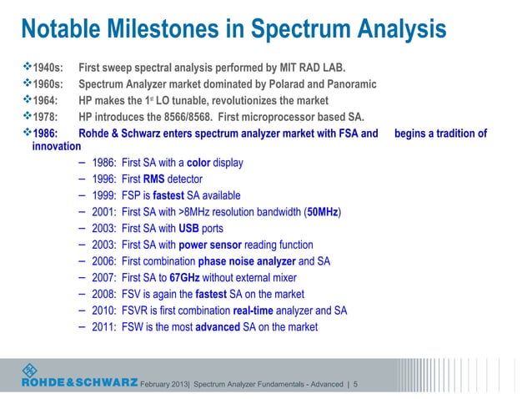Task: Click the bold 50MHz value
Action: coord(323,212)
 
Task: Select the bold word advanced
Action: coord(218,326)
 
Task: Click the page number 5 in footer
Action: coord(357,384)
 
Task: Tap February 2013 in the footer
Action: coord(165,384)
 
